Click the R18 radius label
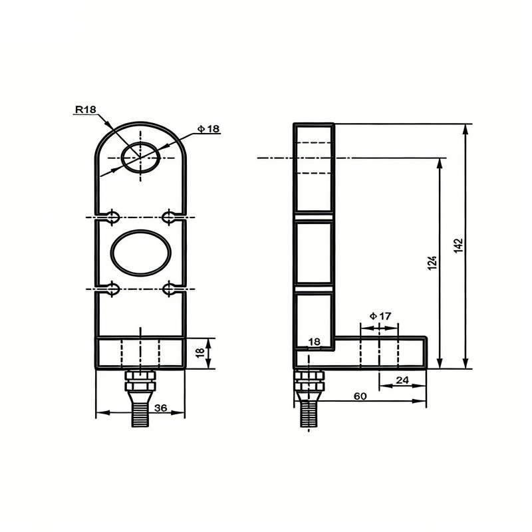click(x=86, y=109)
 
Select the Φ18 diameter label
click(x=209, y=129)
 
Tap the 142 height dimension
click(x=458, y=245)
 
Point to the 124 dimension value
click(x=432, y=263)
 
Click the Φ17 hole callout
click(x=380, y=317)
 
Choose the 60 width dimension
click(x=360, y=396)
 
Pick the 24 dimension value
click(x=402, y=380)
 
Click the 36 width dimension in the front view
click(x=160, y=408)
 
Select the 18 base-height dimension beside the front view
click(x=201, y=352)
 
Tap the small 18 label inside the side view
click(x=314, y=342)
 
